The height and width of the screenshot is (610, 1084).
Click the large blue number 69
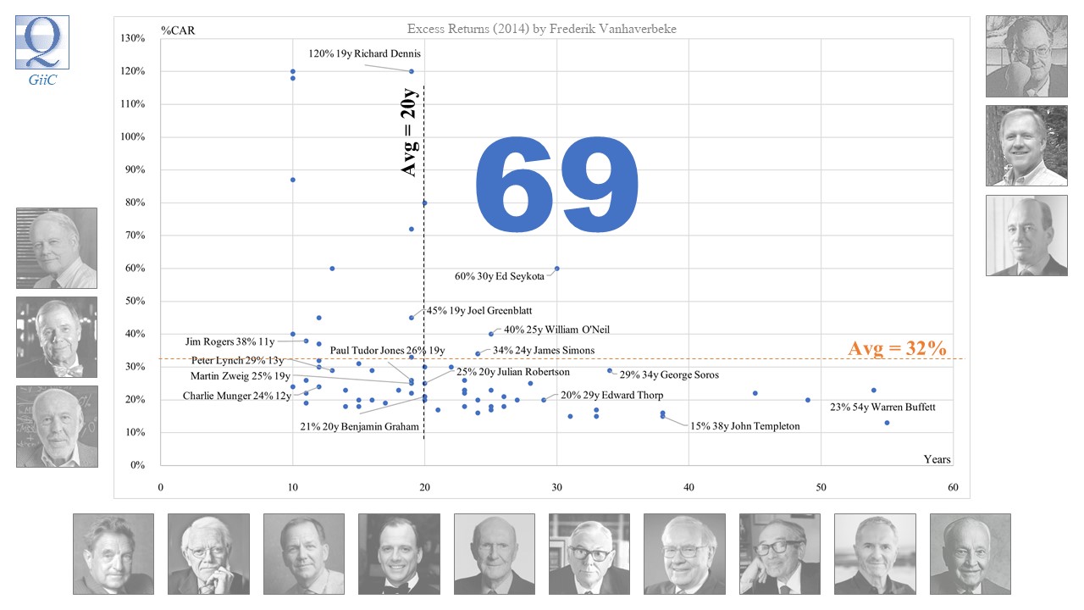click(x=556, y=187)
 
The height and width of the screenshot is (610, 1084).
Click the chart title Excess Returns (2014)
click(x=541, y=29)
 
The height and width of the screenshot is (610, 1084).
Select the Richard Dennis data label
click(x=364, y=54)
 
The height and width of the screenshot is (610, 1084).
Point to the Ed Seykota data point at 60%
click(x=556, y=269)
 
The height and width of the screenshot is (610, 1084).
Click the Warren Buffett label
click(x=882, y=408)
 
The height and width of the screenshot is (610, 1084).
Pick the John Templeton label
click(x=744, y=426)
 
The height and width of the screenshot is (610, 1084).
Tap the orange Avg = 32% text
click(x=897, y=348)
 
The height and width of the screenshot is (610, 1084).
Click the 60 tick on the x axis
click(x=953, y=487)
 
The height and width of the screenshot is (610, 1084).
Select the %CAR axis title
click(x=179, y=32)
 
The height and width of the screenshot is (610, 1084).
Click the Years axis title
click(x=937, y=459)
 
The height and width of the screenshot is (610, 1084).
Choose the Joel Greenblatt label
click(x=479, y=311)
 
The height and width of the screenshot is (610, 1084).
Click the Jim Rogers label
click(x=230, y=342)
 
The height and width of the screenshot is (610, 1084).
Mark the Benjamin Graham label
click(x=359, y=426)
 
